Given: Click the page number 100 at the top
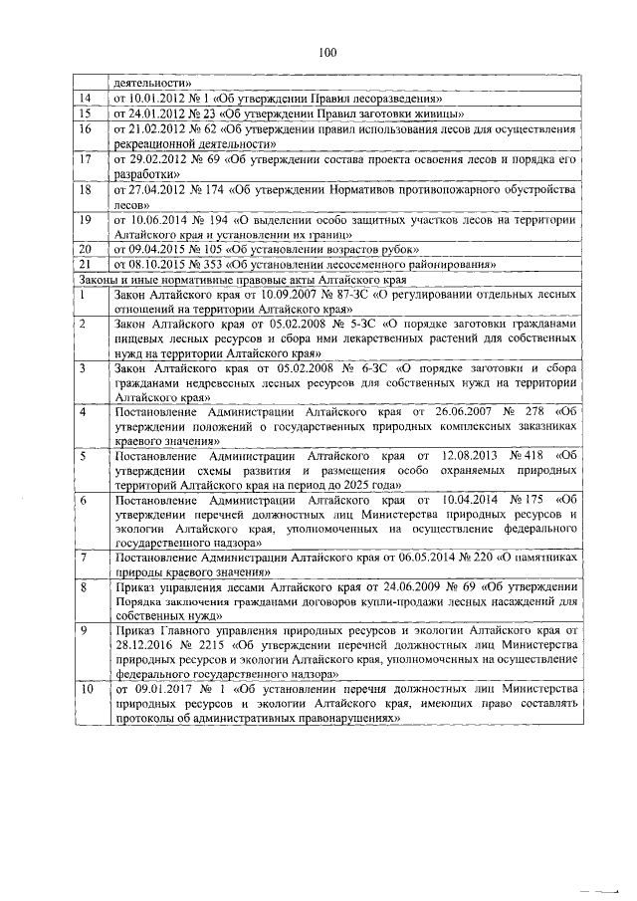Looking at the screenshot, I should pyautogui.click(x=329, y=54).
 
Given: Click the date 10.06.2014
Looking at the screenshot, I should pyautogui.click(x=157, y=218).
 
